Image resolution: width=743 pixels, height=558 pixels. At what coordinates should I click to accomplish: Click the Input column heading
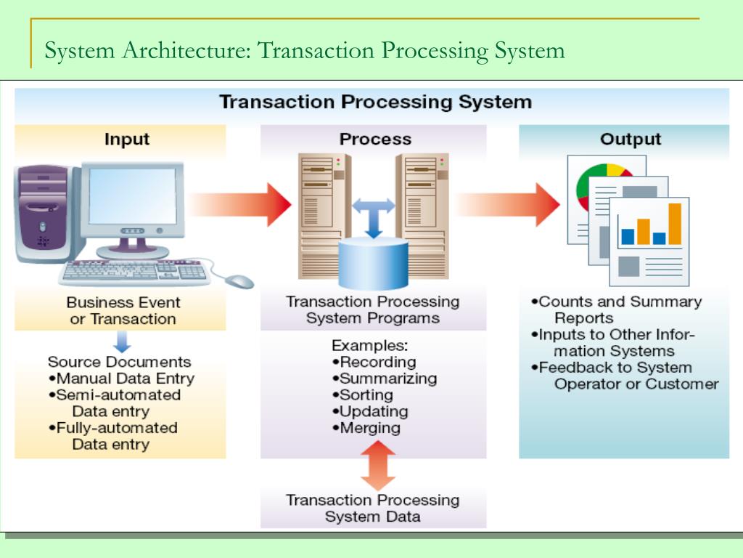point(127,139)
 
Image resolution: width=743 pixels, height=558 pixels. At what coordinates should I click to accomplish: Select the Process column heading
point(375,139)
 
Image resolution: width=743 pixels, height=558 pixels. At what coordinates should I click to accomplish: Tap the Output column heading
point(630,139)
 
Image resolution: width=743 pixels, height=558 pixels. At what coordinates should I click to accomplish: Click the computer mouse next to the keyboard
point(239,280)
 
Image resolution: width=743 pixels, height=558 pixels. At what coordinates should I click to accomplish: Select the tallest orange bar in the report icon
point(674,224)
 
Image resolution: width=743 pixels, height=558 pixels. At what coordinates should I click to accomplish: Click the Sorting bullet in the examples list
point(362,395)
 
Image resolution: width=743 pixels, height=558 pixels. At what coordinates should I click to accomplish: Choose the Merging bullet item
point(366,429)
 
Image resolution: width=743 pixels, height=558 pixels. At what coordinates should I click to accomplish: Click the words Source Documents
point(120,362)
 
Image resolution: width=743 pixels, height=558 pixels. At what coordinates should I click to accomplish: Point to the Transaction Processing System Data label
point(372,509)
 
